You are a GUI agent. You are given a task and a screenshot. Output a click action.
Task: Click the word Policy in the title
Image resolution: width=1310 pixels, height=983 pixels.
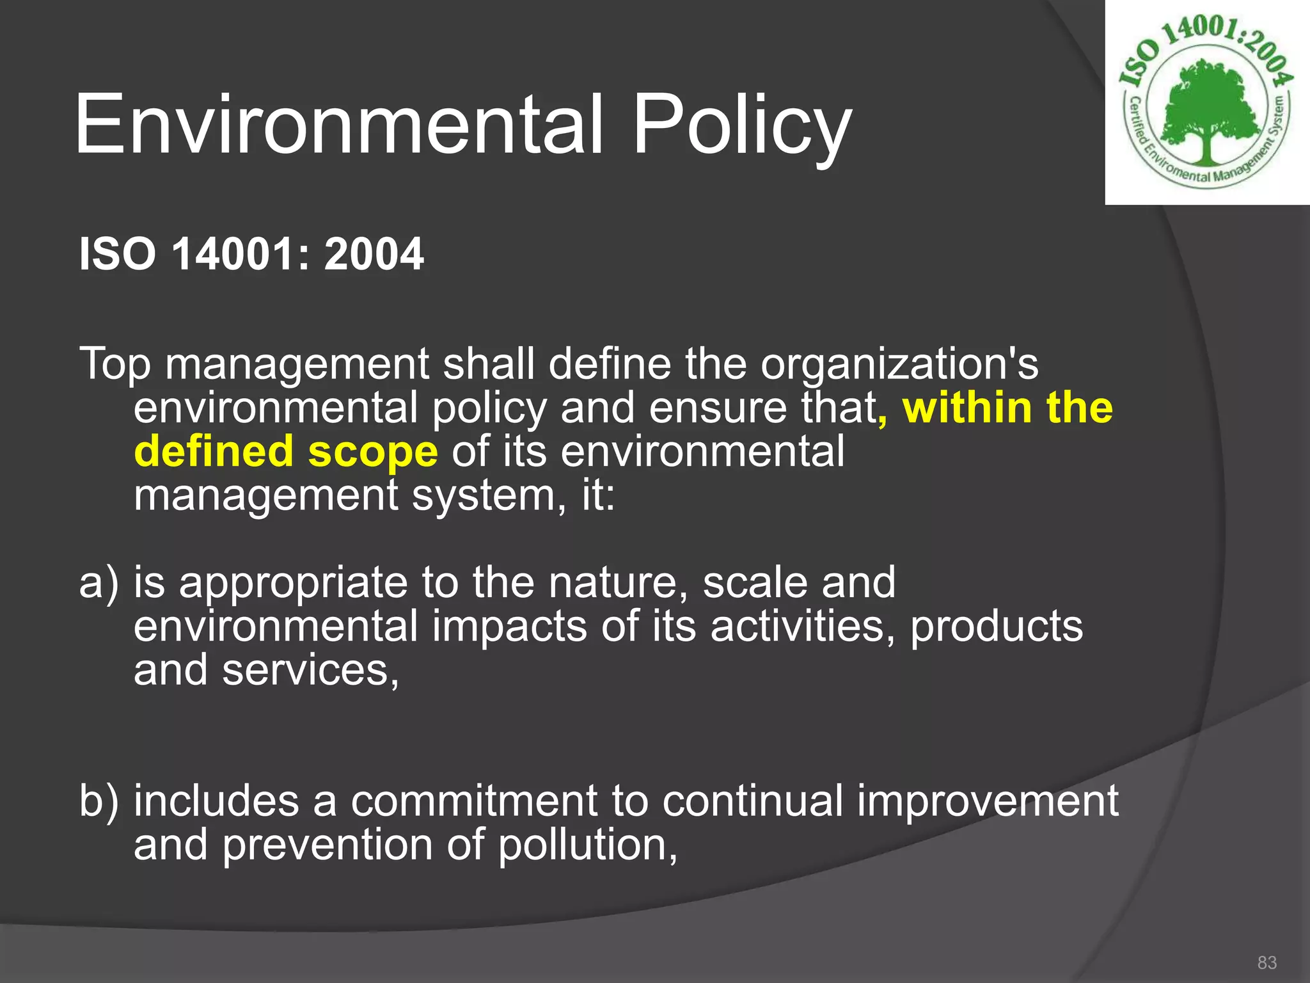pos(742,125)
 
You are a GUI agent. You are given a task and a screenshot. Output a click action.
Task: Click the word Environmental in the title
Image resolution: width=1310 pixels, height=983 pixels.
pos(339,125)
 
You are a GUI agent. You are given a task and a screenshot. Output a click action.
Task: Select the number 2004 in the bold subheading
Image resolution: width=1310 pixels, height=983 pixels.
pos(374,254)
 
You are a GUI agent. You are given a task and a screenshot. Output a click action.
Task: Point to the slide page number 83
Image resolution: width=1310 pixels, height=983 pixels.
pos(1267,963)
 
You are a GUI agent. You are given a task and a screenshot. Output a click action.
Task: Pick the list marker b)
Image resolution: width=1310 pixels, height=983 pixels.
pos(99,801)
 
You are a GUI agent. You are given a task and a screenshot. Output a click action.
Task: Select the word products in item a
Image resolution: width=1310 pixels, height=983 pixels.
pos(996,627)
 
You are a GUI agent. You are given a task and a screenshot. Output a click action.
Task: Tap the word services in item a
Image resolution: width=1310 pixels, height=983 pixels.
pos(310,671)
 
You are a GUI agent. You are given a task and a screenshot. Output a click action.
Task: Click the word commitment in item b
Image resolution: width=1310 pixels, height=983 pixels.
pos(473,801)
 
